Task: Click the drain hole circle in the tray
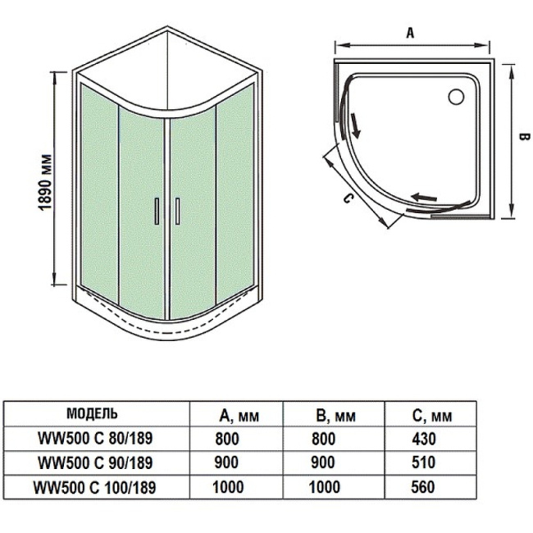(454, 97)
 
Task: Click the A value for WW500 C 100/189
(227, 486)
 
